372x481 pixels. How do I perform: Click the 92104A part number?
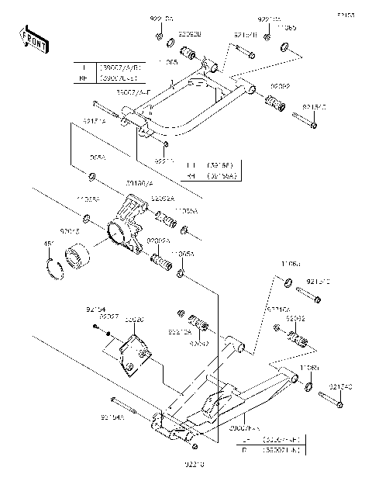pos(112,417)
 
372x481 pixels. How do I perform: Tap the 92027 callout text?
pos(108,317)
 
